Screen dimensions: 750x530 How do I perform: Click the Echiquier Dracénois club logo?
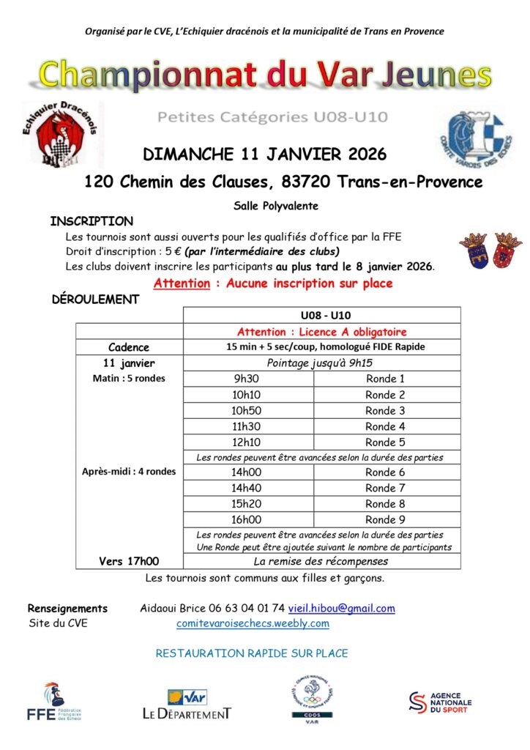[x=61, y=134]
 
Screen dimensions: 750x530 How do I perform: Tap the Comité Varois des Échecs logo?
[x=470, y=136]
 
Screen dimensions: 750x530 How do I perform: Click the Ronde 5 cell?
[x=385, y=442]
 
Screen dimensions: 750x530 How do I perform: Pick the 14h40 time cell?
[x=247, y=488]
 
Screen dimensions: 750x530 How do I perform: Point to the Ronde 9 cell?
[x=385, y=519]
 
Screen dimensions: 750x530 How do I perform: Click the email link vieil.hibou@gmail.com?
[x=341, y=608]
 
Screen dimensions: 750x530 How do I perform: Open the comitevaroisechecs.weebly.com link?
[x=253, y=623]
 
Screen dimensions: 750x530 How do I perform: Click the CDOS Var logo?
[x=313, y=697]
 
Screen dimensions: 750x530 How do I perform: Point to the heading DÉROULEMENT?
[x=95, y=299]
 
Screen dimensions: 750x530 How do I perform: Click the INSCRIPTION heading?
[x=92, y=221]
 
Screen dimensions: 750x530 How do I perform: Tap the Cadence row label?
[x=129, y=347]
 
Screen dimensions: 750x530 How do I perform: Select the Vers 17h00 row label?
[x=129, y=562]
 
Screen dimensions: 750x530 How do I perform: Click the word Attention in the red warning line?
[x=182, y=283]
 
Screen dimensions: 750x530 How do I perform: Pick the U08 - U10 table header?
[x=321, y=316]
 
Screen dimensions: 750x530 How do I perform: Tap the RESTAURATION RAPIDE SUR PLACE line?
[x=252, y=653]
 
